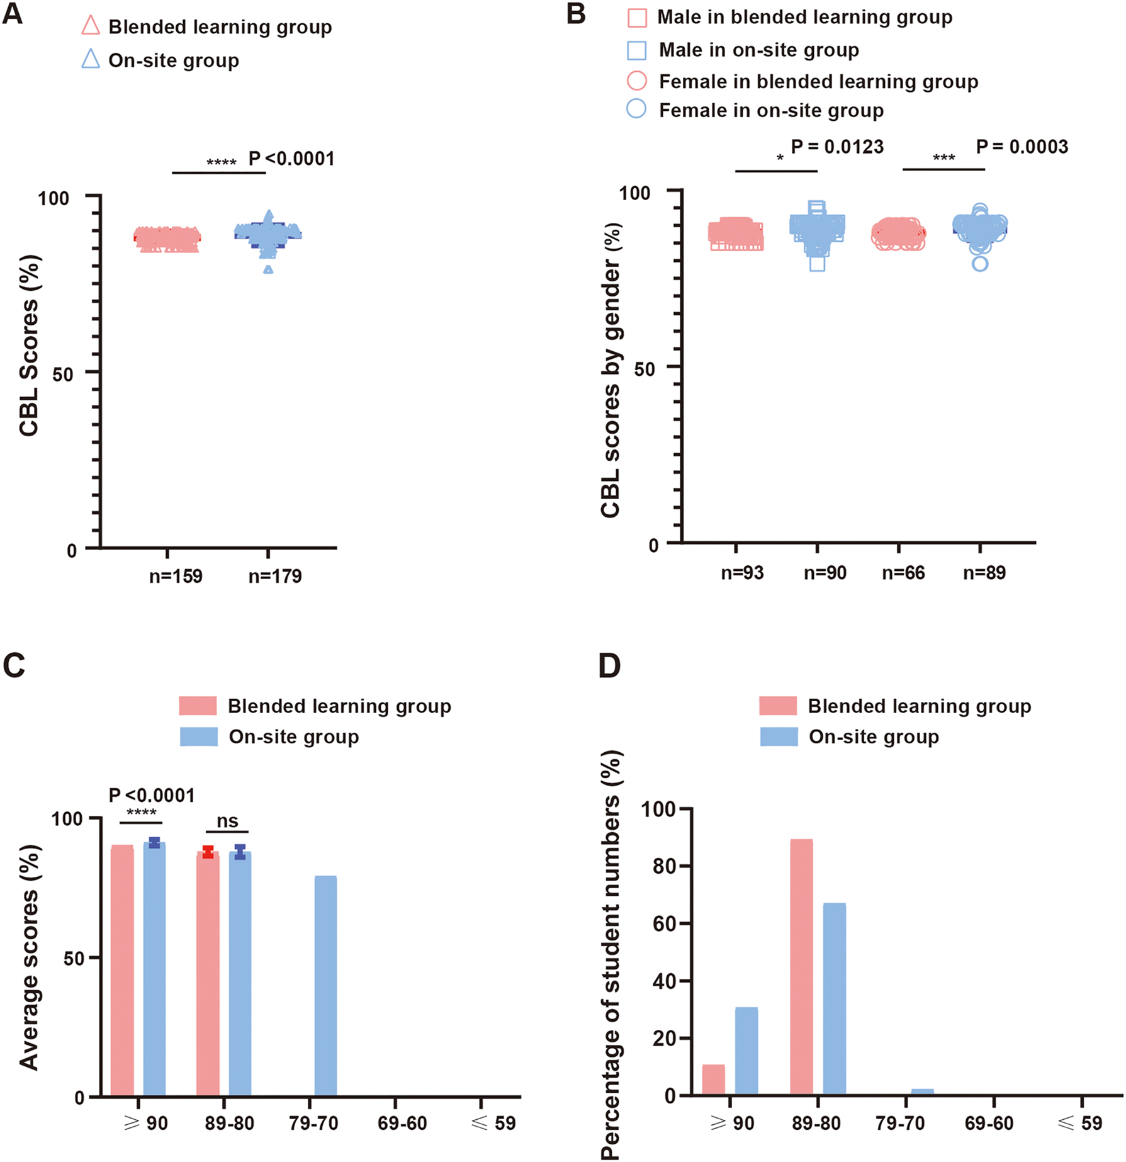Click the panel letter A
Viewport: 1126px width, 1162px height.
pos(13,14)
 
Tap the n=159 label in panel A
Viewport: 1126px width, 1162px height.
pos(176,576)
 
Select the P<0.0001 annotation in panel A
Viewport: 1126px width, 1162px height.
pos(291,159)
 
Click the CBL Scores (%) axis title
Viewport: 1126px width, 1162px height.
pos(29,346)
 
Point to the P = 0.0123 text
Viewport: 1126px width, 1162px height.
pos(837,147)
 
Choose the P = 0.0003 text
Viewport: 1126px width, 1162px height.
pos(1022,147)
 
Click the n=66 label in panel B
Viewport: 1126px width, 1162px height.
pos(903,573)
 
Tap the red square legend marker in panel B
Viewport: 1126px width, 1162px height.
pos(637,18)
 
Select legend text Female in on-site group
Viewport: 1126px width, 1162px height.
pos(771,111)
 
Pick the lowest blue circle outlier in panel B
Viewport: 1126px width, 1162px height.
pos(980,263)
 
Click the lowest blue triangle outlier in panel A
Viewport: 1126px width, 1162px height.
pos(269,269)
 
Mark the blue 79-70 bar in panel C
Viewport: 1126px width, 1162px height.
pos(325,986)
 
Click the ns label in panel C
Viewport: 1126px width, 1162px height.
pos(227,821)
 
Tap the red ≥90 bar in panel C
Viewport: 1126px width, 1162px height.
pos(122,970)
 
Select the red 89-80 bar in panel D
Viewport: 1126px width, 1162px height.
pos(801,967)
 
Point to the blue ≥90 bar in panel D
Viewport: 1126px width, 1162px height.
pos(746,1051)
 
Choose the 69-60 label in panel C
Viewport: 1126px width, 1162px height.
pos(402,1124)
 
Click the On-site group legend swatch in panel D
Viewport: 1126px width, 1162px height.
pos(779,736)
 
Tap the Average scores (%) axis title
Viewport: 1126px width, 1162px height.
pos(29,957)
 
